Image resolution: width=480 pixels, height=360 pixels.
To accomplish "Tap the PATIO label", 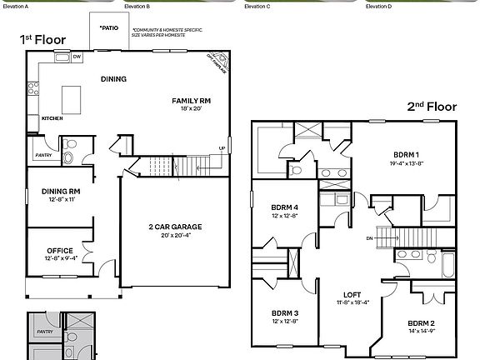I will pyautogui.click(x=109, y=27).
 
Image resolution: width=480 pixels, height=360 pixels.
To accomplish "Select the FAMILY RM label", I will pyautogui.click(x=192, y=100).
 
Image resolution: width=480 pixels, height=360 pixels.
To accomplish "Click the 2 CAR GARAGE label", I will pyautogui.click(x=177, y=227).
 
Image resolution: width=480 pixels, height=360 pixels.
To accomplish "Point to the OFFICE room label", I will pyautogui.click(x=59, y=250).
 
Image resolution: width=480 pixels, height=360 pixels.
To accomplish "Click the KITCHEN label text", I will pyautogui.click(x=52, y=118).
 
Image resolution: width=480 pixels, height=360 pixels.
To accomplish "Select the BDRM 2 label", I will pyautogui.click(x=422, y=322).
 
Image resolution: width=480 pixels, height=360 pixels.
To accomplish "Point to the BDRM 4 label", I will pyautogui.click(x=285, y=207).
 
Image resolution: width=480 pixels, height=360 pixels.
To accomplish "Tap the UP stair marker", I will pyautogui.click(x=221, y=149).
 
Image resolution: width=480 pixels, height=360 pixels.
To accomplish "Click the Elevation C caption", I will pyautogui.click(x=257, y=6).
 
